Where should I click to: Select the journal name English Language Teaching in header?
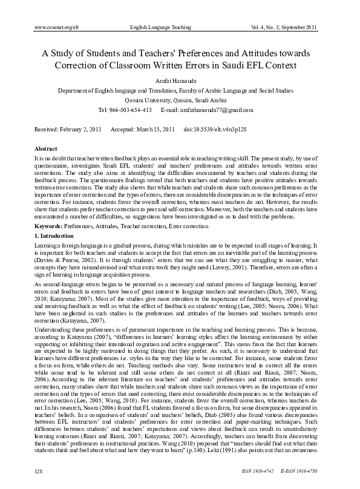point(159,28)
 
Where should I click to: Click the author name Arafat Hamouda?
point(180,80)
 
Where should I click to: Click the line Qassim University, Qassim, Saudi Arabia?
point(180,100)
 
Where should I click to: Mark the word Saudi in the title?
point(262,66)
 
